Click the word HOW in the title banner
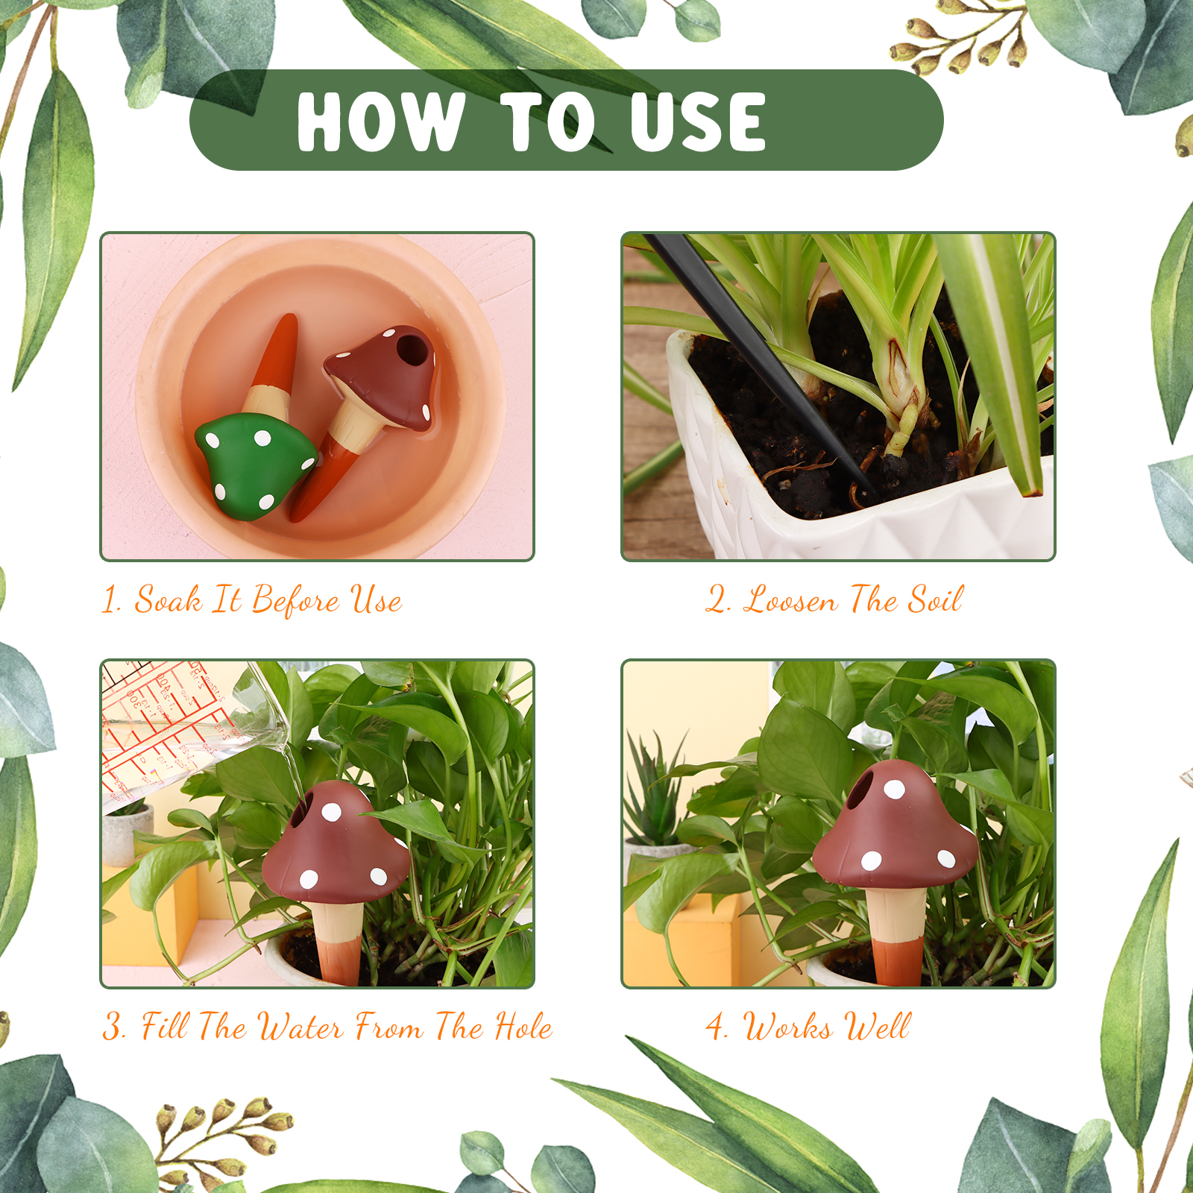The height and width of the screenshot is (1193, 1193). pos(381,122)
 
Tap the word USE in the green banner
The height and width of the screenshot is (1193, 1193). pos(697,122)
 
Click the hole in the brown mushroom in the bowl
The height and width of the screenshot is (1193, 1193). pos(409,347)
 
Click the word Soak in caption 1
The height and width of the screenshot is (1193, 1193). pos(168,599)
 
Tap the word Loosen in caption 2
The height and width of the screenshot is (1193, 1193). pos(790,599)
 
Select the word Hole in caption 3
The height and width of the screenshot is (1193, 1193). pos(523,1027)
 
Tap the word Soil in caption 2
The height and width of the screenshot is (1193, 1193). pos(935,599)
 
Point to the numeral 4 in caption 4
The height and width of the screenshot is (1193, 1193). pos(716,1027)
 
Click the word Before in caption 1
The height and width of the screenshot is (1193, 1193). pos(296,599)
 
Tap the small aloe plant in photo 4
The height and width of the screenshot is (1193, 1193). pos(656,790)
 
